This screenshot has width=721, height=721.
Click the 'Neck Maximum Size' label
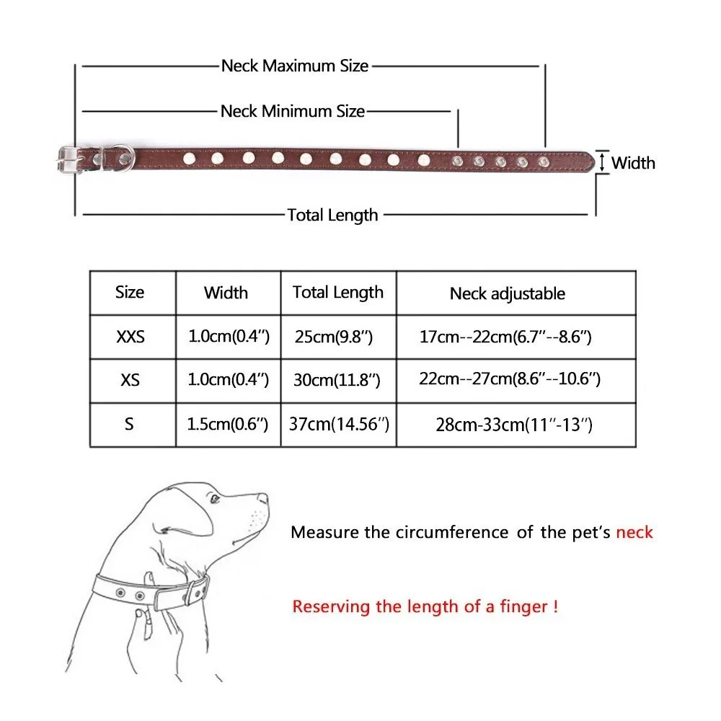tap(295, 66)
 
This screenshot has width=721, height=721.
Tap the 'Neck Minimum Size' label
tap(293, 111)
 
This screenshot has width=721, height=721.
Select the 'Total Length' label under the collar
tap(332, 215)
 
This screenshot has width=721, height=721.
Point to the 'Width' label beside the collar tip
tap(633, 163)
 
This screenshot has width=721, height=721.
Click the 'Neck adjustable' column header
tap(507, 293)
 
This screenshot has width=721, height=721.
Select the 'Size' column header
tap(130, 292)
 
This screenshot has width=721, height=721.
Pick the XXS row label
tap(130, 337)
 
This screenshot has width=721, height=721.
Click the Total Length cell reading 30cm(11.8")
tap(337, 380)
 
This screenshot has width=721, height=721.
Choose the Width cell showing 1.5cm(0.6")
tap(228, 423)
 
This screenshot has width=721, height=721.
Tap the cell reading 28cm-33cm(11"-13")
tap(514, 425)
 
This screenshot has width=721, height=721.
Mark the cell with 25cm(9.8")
tap(334, 337)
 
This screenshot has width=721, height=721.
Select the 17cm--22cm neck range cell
tap(505, 337)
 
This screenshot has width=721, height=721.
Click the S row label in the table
tap(129, 423)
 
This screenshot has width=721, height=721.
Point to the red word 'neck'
tap(634, 532)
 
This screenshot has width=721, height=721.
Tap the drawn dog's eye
tap(214, 499)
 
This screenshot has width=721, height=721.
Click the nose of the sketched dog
tap(262, 497)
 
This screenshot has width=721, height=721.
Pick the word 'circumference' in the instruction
tap(452, 532)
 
